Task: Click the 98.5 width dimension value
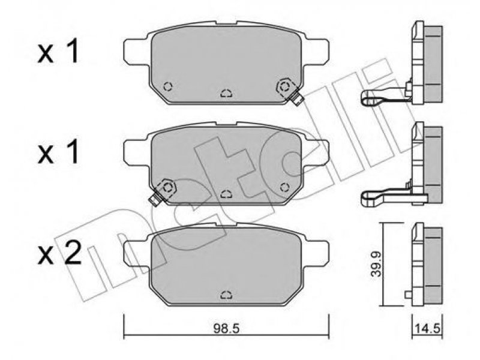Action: pos(226,329)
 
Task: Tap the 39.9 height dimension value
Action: pos(376,264)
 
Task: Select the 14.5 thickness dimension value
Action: pos(427,329)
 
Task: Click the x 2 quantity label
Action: pos(59,253)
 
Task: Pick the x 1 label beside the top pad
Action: pos(58,52)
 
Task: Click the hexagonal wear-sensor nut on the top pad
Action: pos(284,87)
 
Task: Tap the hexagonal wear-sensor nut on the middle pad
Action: pos(168,187)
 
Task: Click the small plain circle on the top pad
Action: pos(168,86)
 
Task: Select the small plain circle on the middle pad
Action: pos(284,187)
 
